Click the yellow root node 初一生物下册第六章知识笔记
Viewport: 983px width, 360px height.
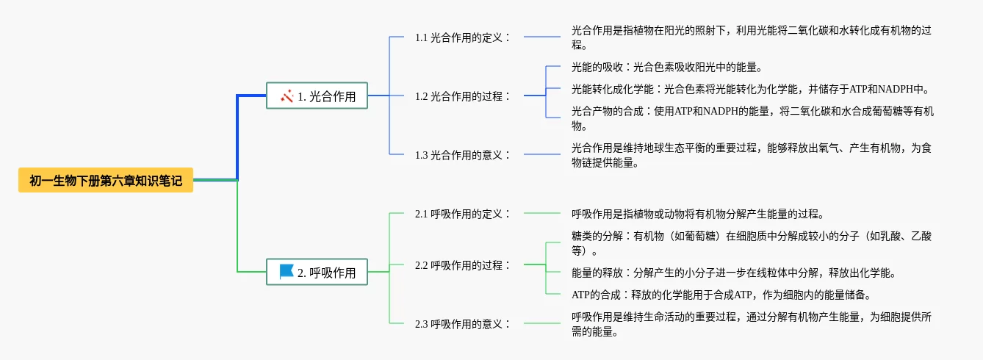pos(106,180)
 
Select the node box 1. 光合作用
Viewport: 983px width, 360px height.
pos(317,96)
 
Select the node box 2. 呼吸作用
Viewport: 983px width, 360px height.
pos(317,273)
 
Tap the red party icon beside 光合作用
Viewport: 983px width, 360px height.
pos(287,96)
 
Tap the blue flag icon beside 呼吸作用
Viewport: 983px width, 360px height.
pos(287,272)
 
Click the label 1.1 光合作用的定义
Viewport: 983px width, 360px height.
pos(462,37)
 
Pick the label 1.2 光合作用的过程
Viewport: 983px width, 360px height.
pos(462,96)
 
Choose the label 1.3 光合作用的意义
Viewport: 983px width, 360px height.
pos(462,155)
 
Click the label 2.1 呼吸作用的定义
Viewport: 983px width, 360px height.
pos(462,214)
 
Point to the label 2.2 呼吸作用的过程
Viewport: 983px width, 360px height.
pos(462,265)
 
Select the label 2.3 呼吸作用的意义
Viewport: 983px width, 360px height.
pos(462,324)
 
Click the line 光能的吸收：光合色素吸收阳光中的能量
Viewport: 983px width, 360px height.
pos(661,67)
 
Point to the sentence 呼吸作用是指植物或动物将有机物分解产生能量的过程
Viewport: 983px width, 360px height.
pos(698,215)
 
